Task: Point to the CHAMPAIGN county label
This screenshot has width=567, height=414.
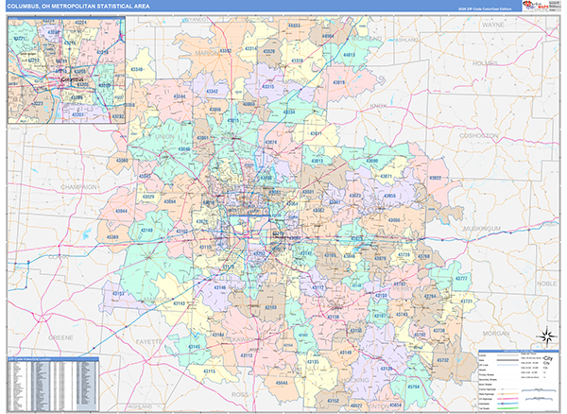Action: (x=77, y=187)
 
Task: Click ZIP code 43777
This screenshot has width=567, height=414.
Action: (x=460, y=281)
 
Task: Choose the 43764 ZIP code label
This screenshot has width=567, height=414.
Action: (x=431, y=296)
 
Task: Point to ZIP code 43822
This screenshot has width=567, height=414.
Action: (x=434, y=177)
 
